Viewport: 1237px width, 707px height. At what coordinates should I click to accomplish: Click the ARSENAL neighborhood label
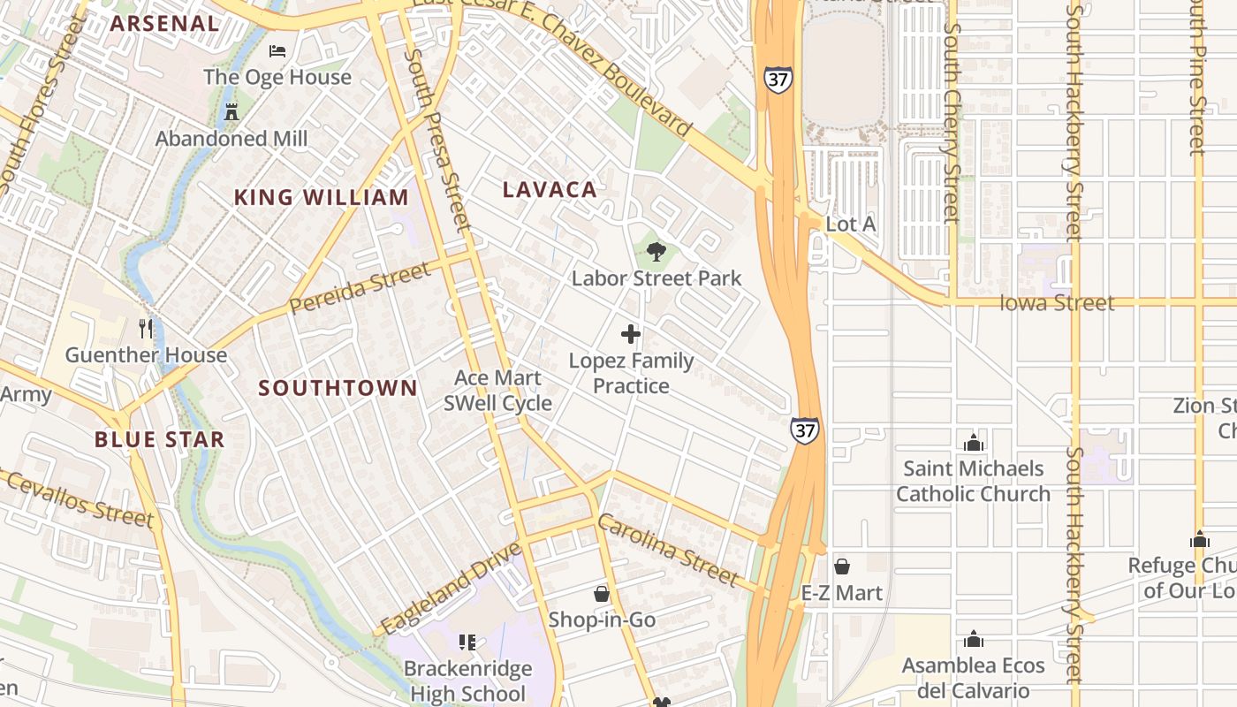pos(164,24)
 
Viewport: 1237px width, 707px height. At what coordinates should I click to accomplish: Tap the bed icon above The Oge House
pos(277,51)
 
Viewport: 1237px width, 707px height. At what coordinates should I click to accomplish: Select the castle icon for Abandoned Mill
pos(231,112)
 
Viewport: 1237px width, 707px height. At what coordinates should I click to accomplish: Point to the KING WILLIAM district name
pos(321,198)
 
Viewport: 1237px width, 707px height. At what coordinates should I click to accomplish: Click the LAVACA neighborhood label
pos(550,189)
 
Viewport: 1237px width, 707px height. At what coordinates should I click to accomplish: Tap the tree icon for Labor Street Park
pos(656,253)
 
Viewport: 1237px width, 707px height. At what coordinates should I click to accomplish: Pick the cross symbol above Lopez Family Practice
pos(631,334)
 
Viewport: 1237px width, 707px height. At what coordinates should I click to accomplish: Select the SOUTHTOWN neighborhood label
pos(338,388)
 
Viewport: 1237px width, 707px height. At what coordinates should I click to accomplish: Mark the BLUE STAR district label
pos(160,439)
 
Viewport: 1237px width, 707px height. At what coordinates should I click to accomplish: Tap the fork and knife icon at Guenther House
pos(146,329)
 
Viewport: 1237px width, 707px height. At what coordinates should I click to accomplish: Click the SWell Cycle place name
pos(497,404)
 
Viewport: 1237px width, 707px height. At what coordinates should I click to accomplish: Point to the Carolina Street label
pos(667,550)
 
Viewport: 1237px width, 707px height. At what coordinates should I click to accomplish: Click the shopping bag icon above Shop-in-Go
pos(602,593)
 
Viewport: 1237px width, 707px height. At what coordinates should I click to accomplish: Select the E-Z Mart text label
pos(841,593)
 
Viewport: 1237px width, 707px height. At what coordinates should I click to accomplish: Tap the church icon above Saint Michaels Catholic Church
pos(974,443)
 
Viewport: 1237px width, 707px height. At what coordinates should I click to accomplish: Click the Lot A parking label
pos(850,224)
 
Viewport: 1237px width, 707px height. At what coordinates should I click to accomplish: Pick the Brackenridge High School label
pos(468,680)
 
